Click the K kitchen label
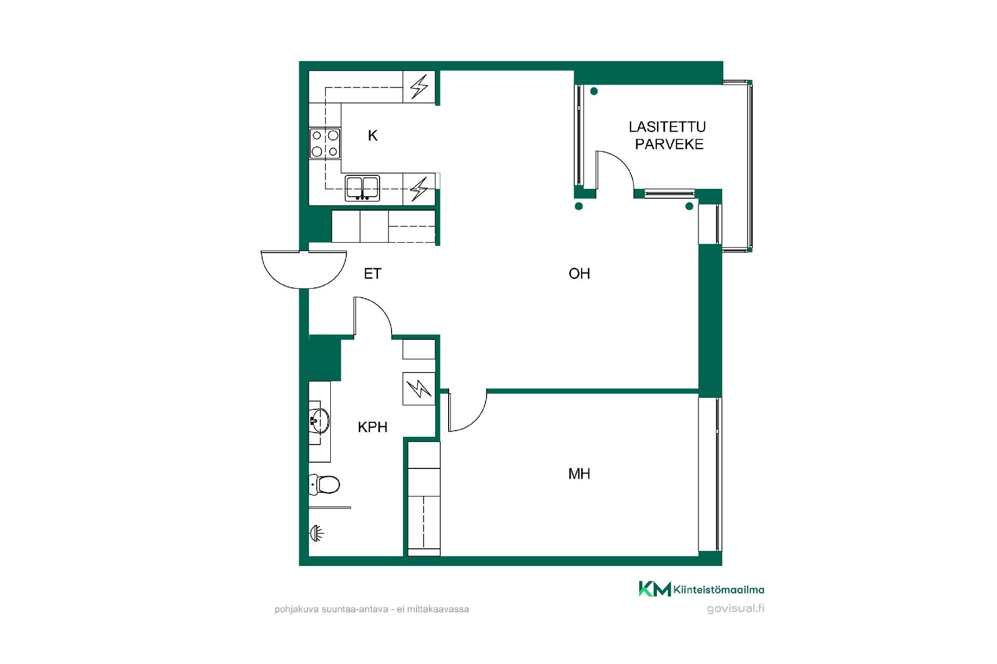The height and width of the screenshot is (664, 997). coord(372,136)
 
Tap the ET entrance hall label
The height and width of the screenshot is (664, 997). coord(373,273)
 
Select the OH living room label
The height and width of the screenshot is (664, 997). coord(580,273)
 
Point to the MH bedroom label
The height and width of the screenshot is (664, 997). coord(580,474)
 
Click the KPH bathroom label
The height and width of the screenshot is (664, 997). coord(373,427)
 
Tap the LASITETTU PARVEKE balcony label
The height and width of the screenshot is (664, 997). coord(668,135)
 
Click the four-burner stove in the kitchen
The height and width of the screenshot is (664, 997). coord(325,144)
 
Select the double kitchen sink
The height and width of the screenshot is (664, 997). coord(362,188)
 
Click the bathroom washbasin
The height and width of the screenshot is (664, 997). coord(319,421)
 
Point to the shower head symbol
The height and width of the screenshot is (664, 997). coord(317,533)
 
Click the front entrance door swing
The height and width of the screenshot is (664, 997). coord(304,284)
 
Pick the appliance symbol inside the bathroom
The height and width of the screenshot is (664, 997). coord(419,389)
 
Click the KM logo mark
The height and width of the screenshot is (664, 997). coord(654,589)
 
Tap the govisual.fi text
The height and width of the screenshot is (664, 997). coord(735,608)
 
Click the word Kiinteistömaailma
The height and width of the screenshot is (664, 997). coord(719,589)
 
